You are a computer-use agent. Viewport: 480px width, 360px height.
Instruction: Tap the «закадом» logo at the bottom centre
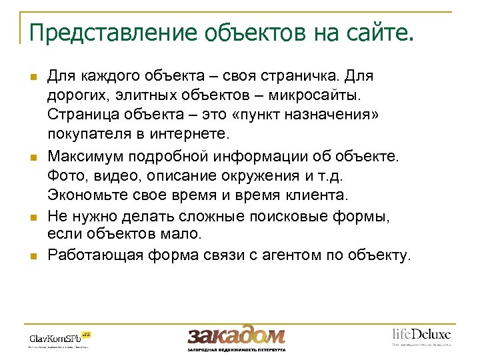pos(236,337)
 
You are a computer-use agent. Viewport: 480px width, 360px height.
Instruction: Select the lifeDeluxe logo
pos(421,335)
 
